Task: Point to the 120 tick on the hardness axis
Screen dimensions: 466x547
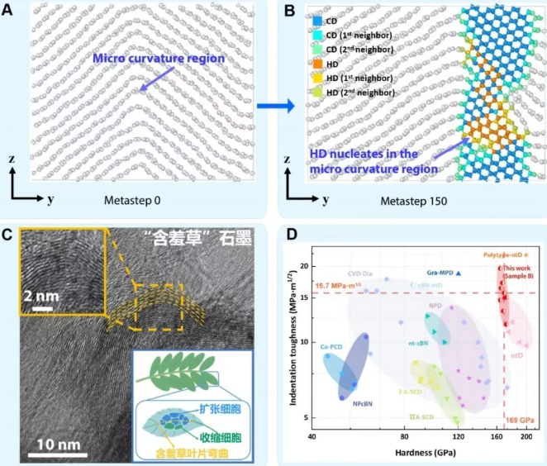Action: (x=457, y=436)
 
